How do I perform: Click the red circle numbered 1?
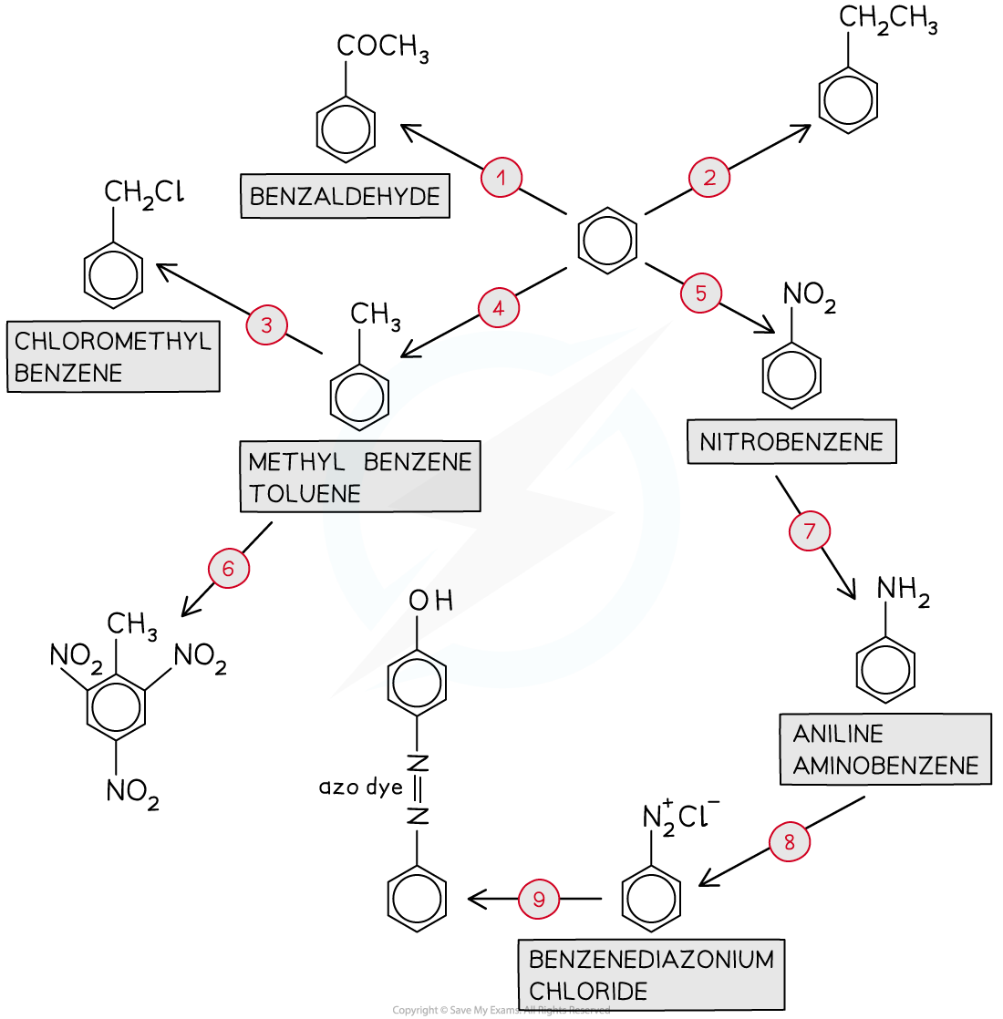(501, 178)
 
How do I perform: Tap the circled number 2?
(709, 178)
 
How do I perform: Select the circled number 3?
(266, 325)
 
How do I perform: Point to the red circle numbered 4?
(499, 309)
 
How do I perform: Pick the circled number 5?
(700, 293)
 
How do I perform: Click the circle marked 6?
(228, 569)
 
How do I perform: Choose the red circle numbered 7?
(810, 531)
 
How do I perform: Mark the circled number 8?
(790, 842)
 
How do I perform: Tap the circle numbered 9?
(539, 900)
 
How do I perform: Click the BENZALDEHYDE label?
(345, 197)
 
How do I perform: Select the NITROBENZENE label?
(791, 442)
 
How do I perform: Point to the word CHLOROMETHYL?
(113, 342)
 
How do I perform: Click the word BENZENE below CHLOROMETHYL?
(69, 373)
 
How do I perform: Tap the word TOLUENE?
(305, 494)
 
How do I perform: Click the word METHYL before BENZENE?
(296, 462)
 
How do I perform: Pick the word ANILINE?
(838, 734)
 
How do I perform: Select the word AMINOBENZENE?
(885, 766)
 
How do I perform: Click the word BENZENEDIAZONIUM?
(651, 959)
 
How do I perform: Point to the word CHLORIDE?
(588, 991)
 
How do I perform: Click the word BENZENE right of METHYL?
(418, 462)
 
